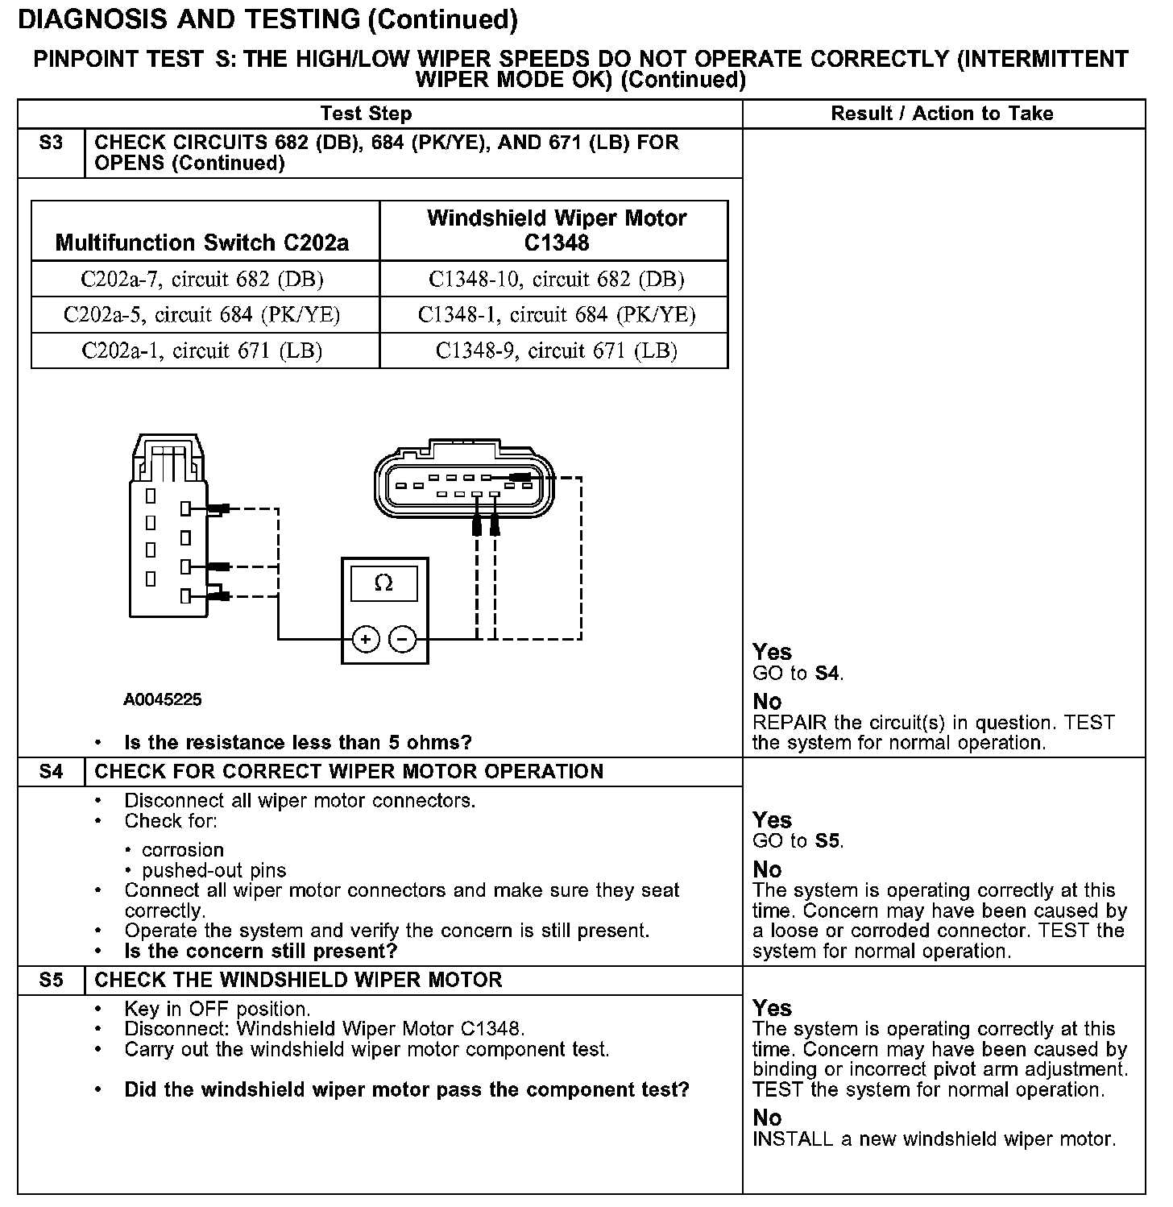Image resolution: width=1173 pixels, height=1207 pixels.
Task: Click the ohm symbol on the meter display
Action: [384, 583]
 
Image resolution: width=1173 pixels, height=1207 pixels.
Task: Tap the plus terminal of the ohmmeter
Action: [366, 640]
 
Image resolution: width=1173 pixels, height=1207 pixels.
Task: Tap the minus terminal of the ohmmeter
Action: [403, 640]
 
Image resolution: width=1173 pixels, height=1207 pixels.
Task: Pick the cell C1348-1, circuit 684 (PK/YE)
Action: [556, 314]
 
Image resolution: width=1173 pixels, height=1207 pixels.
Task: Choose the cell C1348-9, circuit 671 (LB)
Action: [556, 350]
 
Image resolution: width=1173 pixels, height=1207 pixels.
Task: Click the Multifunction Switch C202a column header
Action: [202, 243]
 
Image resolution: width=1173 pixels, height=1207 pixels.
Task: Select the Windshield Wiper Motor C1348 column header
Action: [556, 230]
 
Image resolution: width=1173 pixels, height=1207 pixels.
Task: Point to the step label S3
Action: [51, 143]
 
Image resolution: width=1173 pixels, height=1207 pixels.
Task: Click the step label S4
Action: [51, 772]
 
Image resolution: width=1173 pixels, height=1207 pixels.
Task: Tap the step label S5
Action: [51, 981]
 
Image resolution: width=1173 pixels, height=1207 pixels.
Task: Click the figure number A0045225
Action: [163, 699]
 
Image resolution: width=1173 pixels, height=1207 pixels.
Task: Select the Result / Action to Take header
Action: [942, 114]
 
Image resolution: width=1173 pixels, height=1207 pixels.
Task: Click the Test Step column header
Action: [367, 114]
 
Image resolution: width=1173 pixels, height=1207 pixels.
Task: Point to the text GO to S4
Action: [798, 674]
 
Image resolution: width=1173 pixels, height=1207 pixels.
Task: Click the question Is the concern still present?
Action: [261, 951]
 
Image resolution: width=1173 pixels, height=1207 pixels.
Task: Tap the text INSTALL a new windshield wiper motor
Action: [934, 1139]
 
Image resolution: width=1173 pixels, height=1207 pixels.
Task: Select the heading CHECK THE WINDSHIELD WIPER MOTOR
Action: [298, 981]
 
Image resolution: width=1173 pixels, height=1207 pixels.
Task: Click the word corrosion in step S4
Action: [183, 850]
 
